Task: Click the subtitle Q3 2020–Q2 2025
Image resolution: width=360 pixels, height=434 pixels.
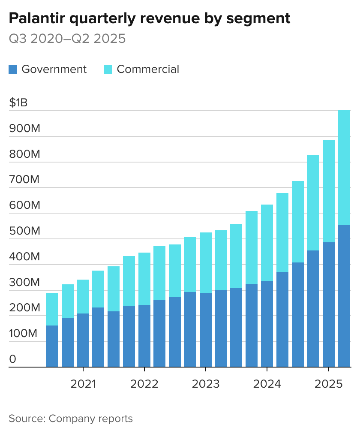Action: pos(67,39)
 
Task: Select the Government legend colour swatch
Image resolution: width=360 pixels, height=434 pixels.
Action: pos(13,69)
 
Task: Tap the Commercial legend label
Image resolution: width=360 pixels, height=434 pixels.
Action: pos(148,69)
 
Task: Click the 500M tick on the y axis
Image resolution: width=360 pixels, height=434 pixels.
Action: pos(24,231)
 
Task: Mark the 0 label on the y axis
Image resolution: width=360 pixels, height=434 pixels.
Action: pos(12,359)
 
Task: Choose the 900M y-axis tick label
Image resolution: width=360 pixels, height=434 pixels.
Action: pos(24,129)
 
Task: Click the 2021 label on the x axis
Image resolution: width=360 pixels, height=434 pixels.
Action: pos(83,384)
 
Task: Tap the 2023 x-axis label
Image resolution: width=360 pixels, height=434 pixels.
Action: pos(206,384)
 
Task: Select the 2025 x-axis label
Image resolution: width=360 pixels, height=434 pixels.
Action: pos(328,384)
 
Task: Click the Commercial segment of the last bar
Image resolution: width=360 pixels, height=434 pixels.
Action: pos(344,167)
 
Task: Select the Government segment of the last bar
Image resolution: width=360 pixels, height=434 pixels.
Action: pos(344,296)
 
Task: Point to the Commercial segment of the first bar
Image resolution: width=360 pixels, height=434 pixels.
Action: pos(52,309)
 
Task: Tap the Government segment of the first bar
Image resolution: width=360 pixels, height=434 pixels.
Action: pos(52,347)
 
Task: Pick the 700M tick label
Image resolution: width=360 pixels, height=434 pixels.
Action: pos(24,180)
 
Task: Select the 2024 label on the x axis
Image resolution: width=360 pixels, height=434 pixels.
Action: pos(267,384)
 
